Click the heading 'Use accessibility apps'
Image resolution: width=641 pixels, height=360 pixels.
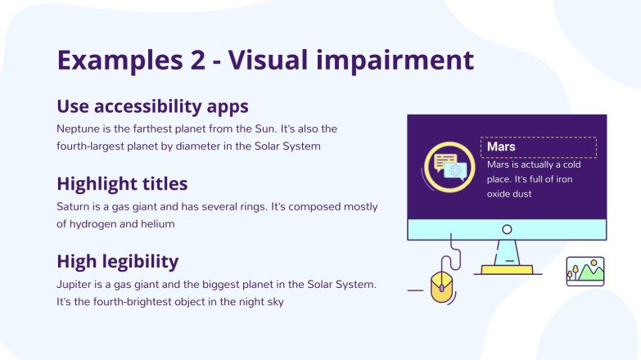click(x=152, y=106)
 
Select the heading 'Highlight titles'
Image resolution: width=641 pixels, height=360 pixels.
click(x=122, y=183)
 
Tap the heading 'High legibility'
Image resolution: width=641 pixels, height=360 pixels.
click(x=117, y=261)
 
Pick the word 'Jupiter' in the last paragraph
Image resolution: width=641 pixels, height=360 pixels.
click(x=75, y=285)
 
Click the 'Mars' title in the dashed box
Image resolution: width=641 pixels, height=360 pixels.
click(x=501, y=147)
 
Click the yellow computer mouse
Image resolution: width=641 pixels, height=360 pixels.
click(x=441, y=285)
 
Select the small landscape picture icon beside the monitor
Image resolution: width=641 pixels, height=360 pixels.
click(x=585, y=271)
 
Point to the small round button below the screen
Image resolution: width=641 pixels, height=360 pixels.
click(x=507, y=230)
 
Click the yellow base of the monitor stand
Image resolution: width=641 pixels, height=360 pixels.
click(x=507, y=269)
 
